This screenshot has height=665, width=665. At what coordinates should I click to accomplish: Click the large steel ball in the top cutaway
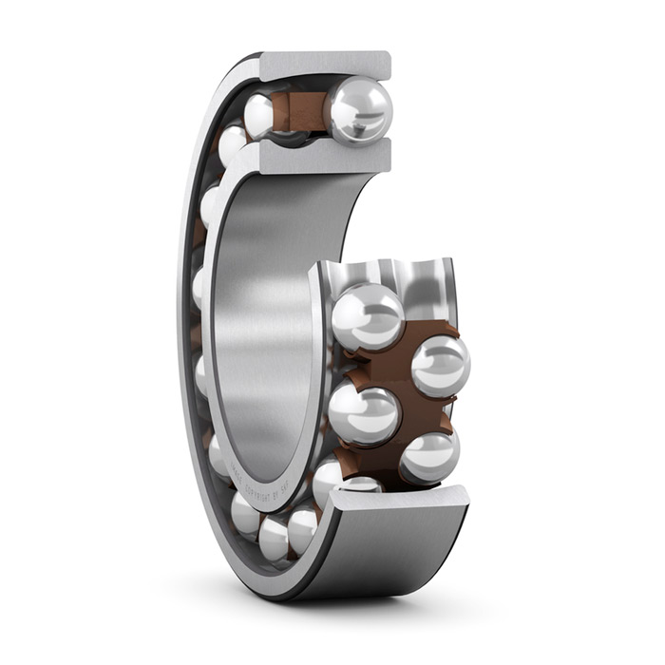pyautogui.click(x=360, y=110)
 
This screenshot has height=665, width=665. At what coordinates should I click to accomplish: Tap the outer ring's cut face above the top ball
pyautogui.click(x=324, y=66)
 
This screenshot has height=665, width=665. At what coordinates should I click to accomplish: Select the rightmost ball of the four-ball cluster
pyautogui.click(x=439, y=365)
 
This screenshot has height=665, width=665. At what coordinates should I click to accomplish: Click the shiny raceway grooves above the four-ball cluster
pyautogui.click(x=399, y=280)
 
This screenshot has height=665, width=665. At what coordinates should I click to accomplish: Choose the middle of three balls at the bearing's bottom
pyautogui.click(x=275, y=537)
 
